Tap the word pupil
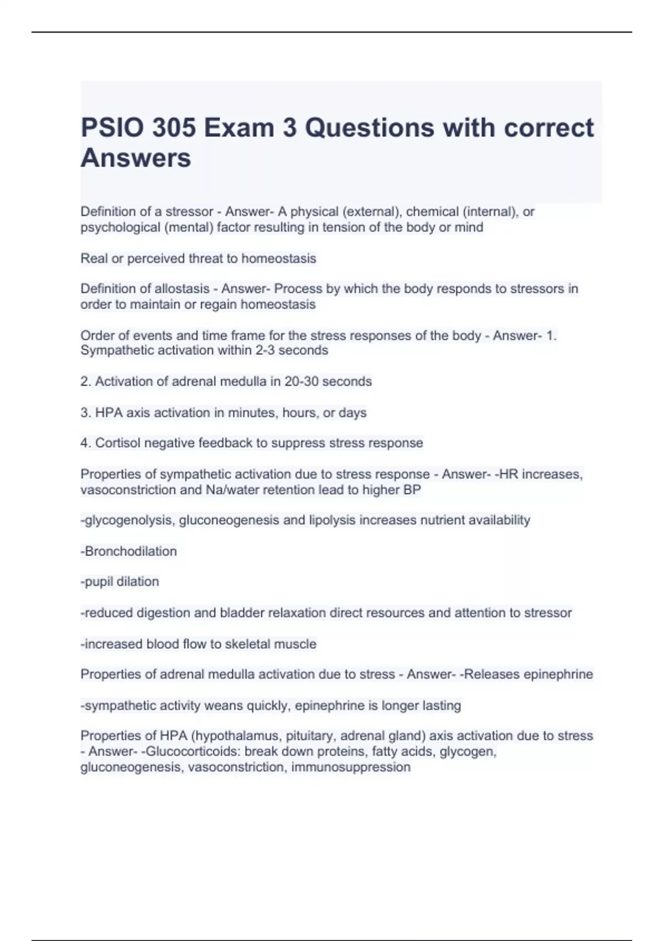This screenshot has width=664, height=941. (x=98, y=582)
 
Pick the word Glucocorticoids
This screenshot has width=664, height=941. (x=193, y=752)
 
